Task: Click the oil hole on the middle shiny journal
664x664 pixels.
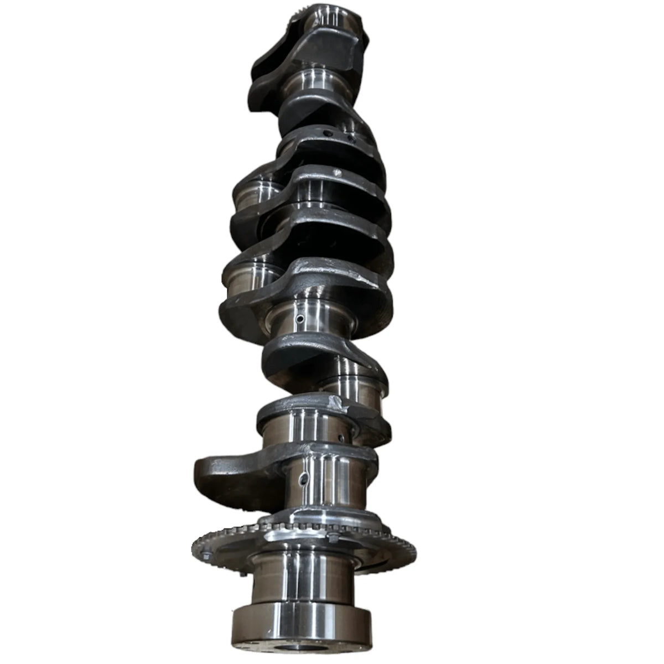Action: [x=299, y=320]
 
